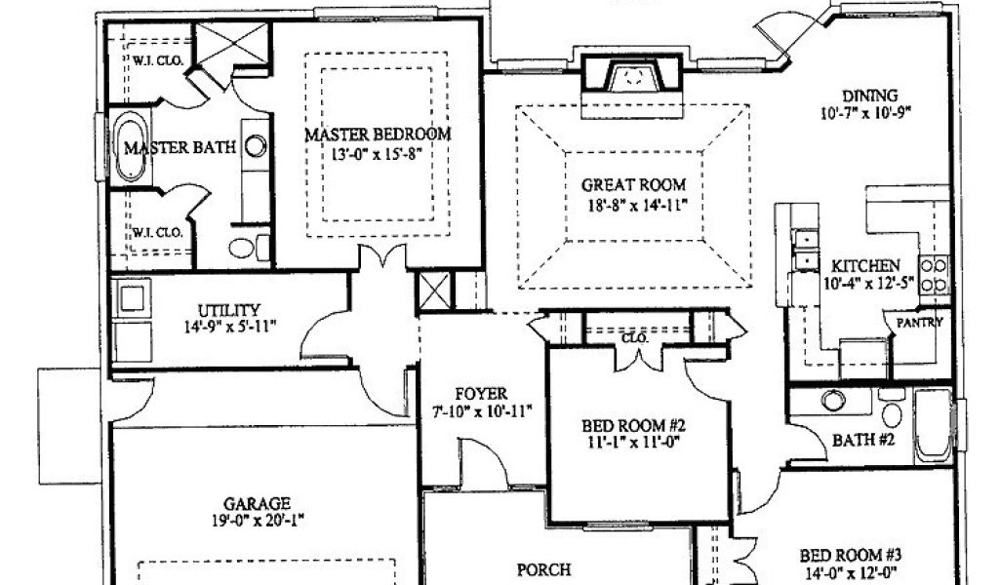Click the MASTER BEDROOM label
378,134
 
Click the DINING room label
869,96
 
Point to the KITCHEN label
865,265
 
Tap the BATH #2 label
863,439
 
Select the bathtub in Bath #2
933,426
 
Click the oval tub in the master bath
130,149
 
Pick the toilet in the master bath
244,246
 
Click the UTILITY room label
227,309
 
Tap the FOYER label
481,394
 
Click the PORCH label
543,568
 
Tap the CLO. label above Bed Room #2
635,338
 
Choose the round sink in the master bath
256,147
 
